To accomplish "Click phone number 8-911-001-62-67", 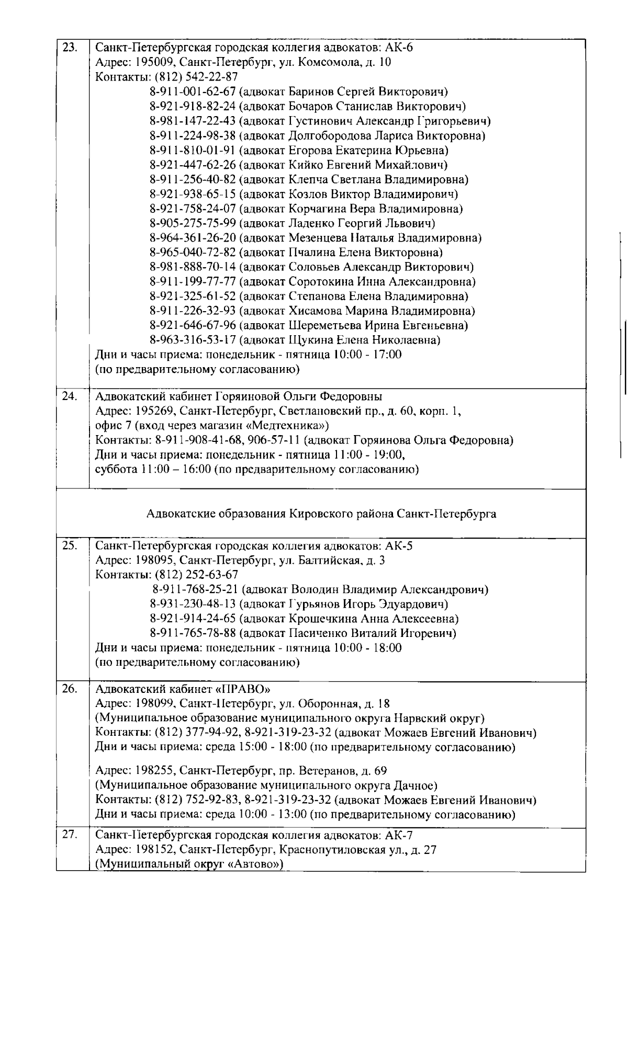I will pos(193,92).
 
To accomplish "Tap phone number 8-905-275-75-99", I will pos(193,224).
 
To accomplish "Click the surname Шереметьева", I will pos(319,326).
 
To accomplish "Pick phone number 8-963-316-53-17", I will pos(193,340).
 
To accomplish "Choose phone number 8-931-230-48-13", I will pos(193,605).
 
